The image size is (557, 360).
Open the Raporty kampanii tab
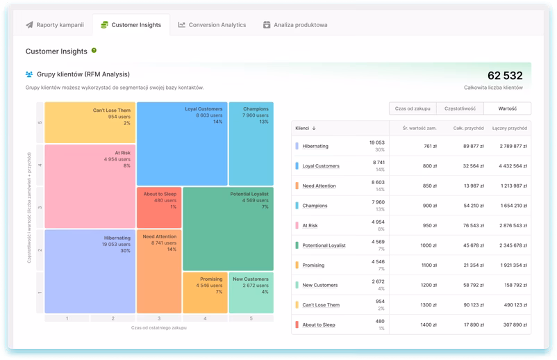point(55,25)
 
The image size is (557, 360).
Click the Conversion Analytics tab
point(212,25)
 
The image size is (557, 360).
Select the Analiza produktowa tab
point(295,25)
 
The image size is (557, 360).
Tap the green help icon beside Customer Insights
point(94,51)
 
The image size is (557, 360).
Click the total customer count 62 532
point(504,76)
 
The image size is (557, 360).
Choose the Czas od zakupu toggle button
point(413,108)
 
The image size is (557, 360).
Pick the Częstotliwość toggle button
point(460,108)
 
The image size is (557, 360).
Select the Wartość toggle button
point(507,108)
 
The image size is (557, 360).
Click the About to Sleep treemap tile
point(159,207)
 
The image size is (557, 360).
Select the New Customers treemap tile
point(251,292)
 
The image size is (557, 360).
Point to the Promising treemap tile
point(205,292)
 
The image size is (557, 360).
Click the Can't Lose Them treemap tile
point(90,123)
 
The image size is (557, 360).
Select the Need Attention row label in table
point(319,186)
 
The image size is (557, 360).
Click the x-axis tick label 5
point(251,318)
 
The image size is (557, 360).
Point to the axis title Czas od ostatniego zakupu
point(159,327)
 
